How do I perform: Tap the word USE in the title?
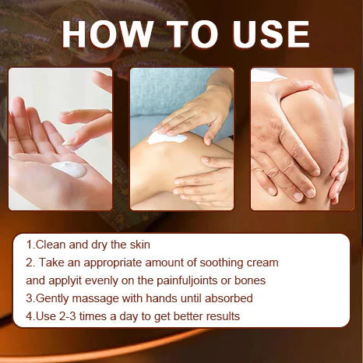[x=271, y=34]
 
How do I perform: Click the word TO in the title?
[x=192, y=34]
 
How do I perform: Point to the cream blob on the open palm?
[x=69, y=169]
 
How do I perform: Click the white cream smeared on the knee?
[x=167, y=137]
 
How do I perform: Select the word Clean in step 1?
[x=51, y=245]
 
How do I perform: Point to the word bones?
[x=250, y=280]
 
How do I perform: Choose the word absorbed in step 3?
[x=228, y=298]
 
